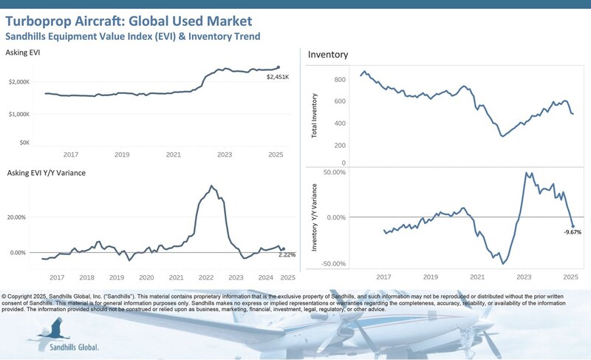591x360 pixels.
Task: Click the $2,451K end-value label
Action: [279, 75]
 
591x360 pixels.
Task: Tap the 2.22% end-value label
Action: [287, 255]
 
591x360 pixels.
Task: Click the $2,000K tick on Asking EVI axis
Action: [18, 82]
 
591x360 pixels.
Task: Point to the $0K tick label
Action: [24, 141]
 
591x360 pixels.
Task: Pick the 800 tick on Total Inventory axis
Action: [340, 79]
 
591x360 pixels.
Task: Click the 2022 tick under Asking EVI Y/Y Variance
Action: [206, 277]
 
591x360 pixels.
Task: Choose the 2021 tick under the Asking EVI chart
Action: [173, 154]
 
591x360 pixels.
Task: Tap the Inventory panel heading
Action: [327, 55]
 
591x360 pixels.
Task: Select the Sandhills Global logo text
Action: [73, 347]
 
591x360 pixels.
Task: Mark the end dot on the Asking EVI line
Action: [279, 67]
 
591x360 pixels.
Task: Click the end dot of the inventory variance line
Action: [573, 225]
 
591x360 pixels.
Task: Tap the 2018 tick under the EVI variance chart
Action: [87, 277]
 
